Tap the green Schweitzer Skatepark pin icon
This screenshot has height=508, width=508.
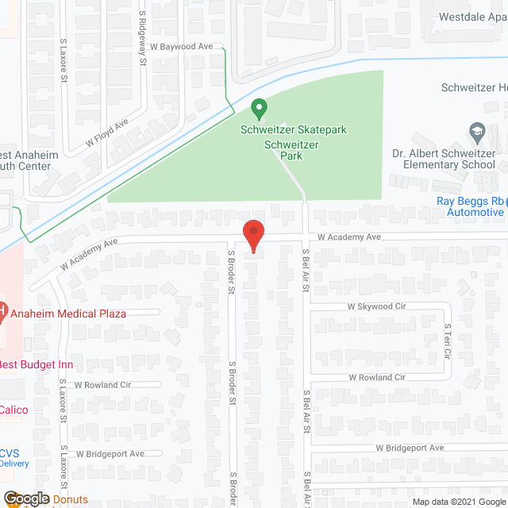258,107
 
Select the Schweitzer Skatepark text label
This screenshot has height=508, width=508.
294,129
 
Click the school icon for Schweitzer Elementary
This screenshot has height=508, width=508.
477,130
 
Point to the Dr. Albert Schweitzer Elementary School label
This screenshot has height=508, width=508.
444,159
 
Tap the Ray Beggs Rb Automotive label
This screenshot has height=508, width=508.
470,206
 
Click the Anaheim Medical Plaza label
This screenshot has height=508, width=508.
67,313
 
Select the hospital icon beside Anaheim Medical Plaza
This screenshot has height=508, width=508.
2,310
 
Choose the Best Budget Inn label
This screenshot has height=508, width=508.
36,364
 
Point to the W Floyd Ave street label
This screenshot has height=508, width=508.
107,134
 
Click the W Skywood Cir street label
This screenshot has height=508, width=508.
376,306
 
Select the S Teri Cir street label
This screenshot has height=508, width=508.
447,339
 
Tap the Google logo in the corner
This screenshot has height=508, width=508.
25,498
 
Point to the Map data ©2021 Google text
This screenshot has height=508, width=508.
458,502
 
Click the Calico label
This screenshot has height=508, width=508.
13,410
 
